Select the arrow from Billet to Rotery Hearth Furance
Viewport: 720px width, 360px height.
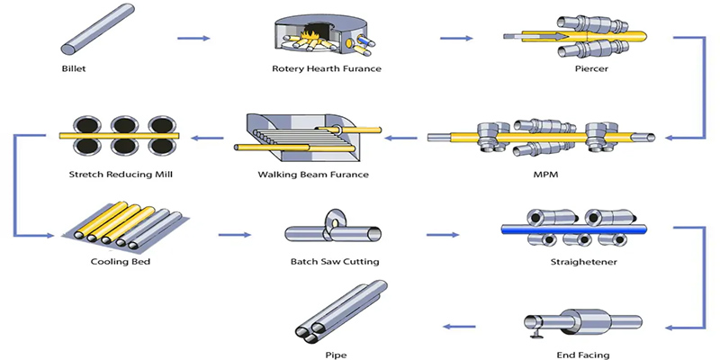[x=193, y=38]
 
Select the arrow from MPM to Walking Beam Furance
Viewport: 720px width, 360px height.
[x=401, y=138]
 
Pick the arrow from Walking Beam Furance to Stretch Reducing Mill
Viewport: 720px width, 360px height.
[x=210, y=138]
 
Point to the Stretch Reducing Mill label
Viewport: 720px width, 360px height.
[x=113, y=173]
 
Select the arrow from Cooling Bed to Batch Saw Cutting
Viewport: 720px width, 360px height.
[x=233, y=236]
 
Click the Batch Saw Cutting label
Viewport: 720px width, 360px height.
[x=334, y=262]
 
